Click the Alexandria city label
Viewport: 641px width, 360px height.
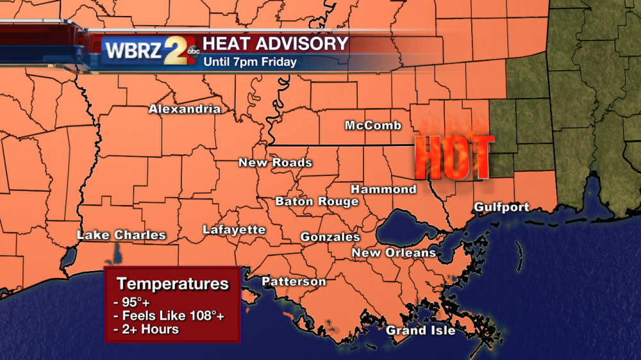[185, 109]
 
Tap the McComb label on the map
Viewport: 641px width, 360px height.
[373, 126]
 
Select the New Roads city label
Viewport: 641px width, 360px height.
[275, 163]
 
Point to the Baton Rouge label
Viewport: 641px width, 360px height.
[317, 202]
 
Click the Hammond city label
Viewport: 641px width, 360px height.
[383, 190]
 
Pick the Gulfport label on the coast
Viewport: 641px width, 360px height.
[501, 207]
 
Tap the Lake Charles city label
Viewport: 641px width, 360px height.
[121, 235]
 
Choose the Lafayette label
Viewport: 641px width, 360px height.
[234, 230]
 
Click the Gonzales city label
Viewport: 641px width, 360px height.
[330, 237]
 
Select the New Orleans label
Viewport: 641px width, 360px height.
[394, 253]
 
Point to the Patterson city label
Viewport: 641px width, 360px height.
[294, 282]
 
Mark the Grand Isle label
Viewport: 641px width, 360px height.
[420, 331]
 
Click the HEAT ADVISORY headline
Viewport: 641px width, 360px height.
[276, 44]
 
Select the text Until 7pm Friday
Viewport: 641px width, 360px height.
[250, 62]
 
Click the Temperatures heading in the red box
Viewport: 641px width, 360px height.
[172, 283]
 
